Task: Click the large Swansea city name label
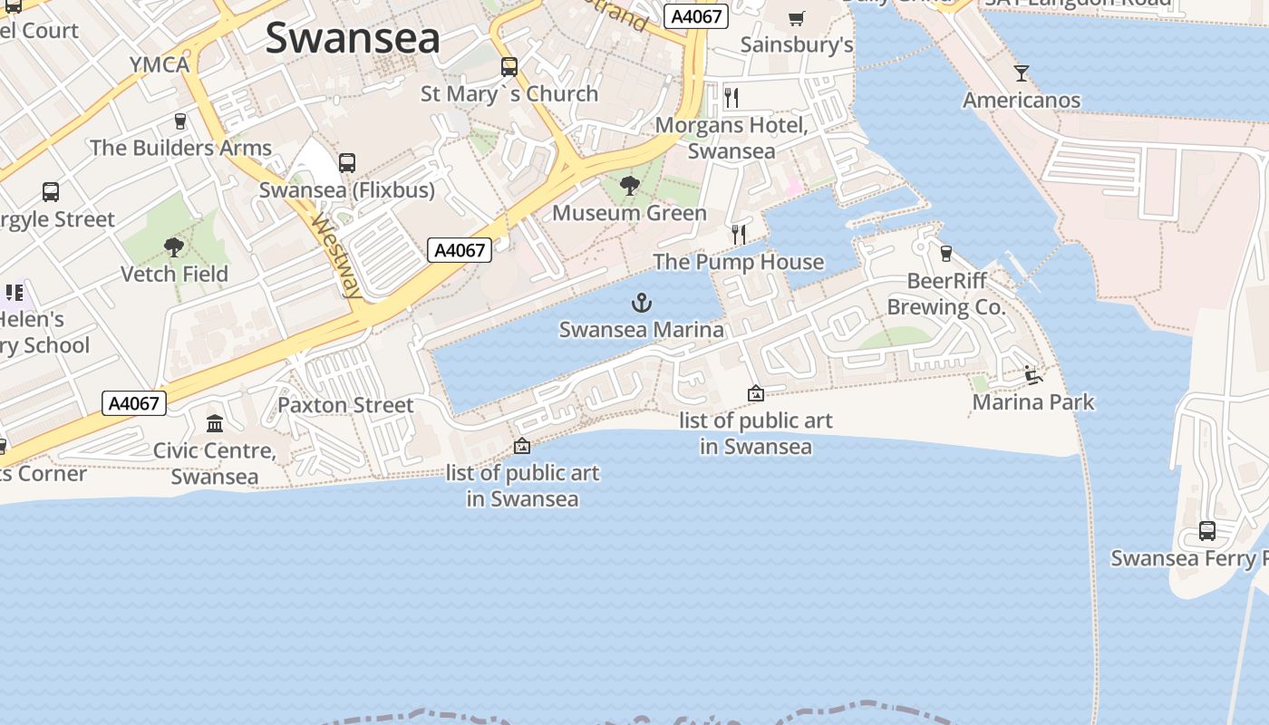coord(353,38)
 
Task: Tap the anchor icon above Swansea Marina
coord(642,303)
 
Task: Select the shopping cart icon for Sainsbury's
coord(797,18)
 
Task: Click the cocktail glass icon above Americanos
coord(1022,73)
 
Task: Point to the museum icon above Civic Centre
coord(215,423)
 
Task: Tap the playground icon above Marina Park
coord(1032,374)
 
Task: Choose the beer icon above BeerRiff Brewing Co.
coord(946,254)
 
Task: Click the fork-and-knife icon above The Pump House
coord(739,235)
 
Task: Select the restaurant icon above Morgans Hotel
coord(731,97)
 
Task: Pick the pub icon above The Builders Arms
coord(180,121)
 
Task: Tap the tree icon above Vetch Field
coord(174,246)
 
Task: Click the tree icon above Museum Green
coord(629,187)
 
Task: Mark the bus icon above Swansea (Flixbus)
coord(347,163)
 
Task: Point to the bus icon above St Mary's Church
coord(509,66)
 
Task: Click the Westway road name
coord(336,256)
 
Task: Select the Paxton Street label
coord(345,405)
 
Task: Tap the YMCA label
coord(160,64)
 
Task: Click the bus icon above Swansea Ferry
coord(1207,531)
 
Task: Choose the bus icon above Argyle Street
coord(51,192)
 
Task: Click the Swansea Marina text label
coord(642,329)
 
